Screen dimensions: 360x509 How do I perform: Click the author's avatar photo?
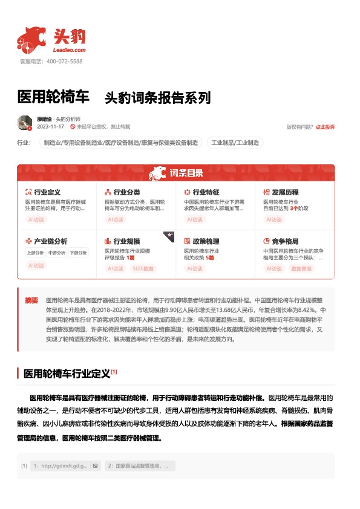tap(25, 123)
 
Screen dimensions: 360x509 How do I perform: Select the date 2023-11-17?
tap(51, 127)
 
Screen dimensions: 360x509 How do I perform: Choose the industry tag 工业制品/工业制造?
tap(235, 143)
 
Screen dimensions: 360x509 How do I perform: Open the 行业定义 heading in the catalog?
tap(47, 192)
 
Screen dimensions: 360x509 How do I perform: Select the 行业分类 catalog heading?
tap(126, 192)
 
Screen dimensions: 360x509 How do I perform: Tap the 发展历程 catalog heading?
tap(285, 192)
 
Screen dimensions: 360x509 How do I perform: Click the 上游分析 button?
tap(35, 253)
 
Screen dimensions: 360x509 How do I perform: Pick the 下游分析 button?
tap(77, 253)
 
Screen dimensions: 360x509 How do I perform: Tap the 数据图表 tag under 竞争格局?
tap(301, 268)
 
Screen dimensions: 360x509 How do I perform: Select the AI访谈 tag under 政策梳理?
tap(194, 268)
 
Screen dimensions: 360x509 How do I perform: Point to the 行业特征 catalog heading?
tap(206, 192)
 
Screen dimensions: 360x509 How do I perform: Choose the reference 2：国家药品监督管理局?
tap(139, 466)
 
